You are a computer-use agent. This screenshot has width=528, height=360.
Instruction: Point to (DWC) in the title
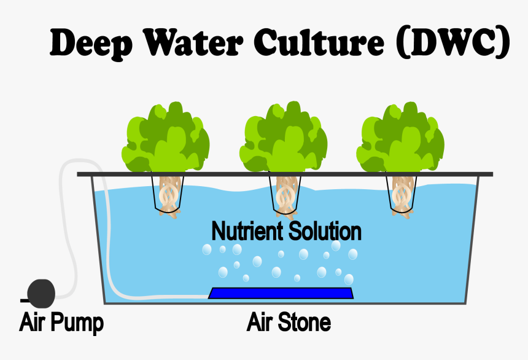coord(453,44)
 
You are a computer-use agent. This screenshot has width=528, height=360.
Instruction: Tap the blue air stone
coord(281,293)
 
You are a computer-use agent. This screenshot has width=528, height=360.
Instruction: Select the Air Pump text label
coord(61,322)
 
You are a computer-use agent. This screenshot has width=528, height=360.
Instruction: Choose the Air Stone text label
coord(289,321)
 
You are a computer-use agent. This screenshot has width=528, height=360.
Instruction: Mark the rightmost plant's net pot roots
coord(402,195)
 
